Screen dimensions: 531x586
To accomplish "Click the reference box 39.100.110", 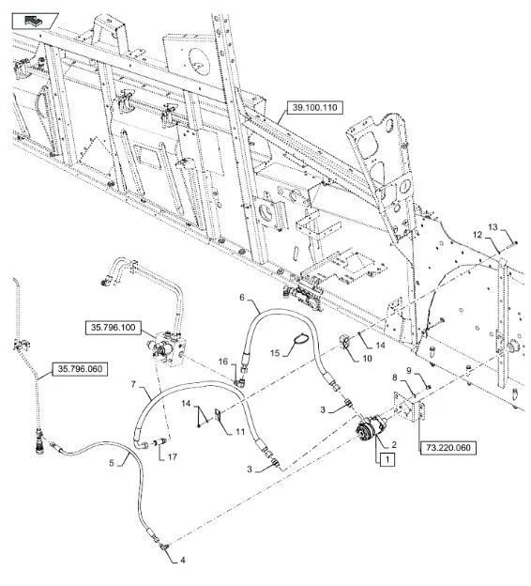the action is (x=315, y=108).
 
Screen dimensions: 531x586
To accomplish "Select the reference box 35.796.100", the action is (x=114, y=328).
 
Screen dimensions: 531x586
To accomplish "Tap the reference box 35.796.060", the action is (x=80, y=369).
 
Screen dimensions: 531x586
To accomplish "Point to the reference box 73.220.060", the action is (x=448, y=447).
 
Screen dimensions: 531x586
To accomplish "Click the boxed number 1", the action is (x=387, y=459).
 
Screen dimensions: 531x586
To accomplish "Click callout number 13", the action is (x=493, y=227).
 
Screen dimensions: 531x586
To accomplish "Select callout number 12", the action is (x=478, y=235).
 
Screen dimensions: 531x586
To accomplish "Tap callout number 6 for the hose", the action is (x=242, y=297).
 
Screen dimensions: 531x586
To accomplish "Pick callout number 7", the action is (x=133, y=384).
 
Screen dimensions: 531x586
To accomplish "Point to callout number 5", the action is (x=112, y=463).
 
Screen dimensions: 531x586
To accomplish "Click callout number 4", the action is (x=183, y=561).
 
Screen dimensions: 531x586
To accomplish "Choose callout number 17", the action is (x=172, y=456).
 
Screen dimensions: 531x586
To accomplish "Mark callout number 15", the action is (x=275, y=353).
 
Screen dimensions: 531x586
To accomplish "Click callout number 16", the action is (x=223, y=362).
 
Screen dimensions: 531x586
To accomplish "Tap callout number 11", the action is (x=240, y=432).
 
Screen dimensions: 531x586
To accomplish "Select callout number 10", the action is (x=368, y=359).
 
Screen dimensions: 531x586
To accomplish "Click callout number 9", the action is (x=408, y=371).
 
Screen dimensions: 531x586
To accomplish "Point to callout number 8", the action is (x=395, y=378).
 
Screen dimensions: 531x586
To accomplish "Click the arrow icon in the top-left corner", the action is (x=34, y=21).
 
